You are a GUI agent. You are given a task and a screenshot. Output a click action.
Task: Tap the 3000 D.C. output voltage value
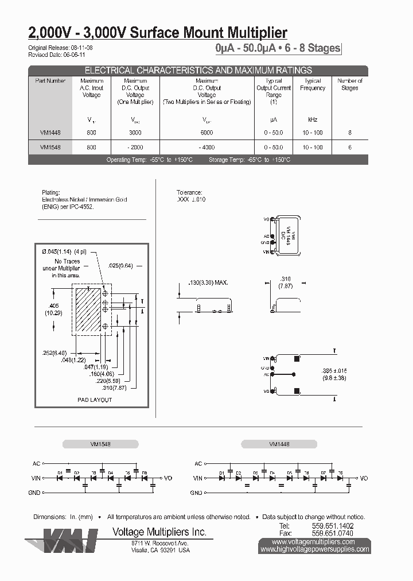pyautogui.click(x=135, y=133)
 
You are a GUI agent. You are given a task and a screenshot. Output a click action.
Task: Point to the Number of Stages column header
pyautogui.click(x=349, y=84)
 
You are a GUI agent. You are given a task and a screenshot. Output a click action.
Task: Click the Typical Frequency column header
pyautogui.click(x=313, y=84)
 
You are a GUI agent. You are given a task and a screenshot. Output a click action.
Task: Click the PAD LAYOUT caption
pyautogui.click(x=95, y=400)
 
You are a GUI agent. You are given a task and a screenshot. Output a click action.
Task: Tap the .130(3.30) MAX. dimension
pyautogui.click(x=208, y=283)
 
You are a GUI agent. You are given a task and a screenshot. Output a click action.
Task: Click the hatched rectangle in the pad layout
pyautogui.click(x=88, y=311)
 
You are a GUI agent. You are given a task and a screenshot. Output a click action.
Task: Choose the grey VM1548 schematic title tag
pyautogui.click(x=101, y=444)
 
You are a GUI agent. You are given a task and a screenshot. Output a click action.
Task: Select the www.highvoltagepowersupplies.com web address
pyautogui.click(x=315, y=549)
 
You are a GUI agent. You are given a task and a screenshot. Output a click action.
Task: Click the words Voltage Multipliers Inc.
pyautogui.click(x=158, y=532)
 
